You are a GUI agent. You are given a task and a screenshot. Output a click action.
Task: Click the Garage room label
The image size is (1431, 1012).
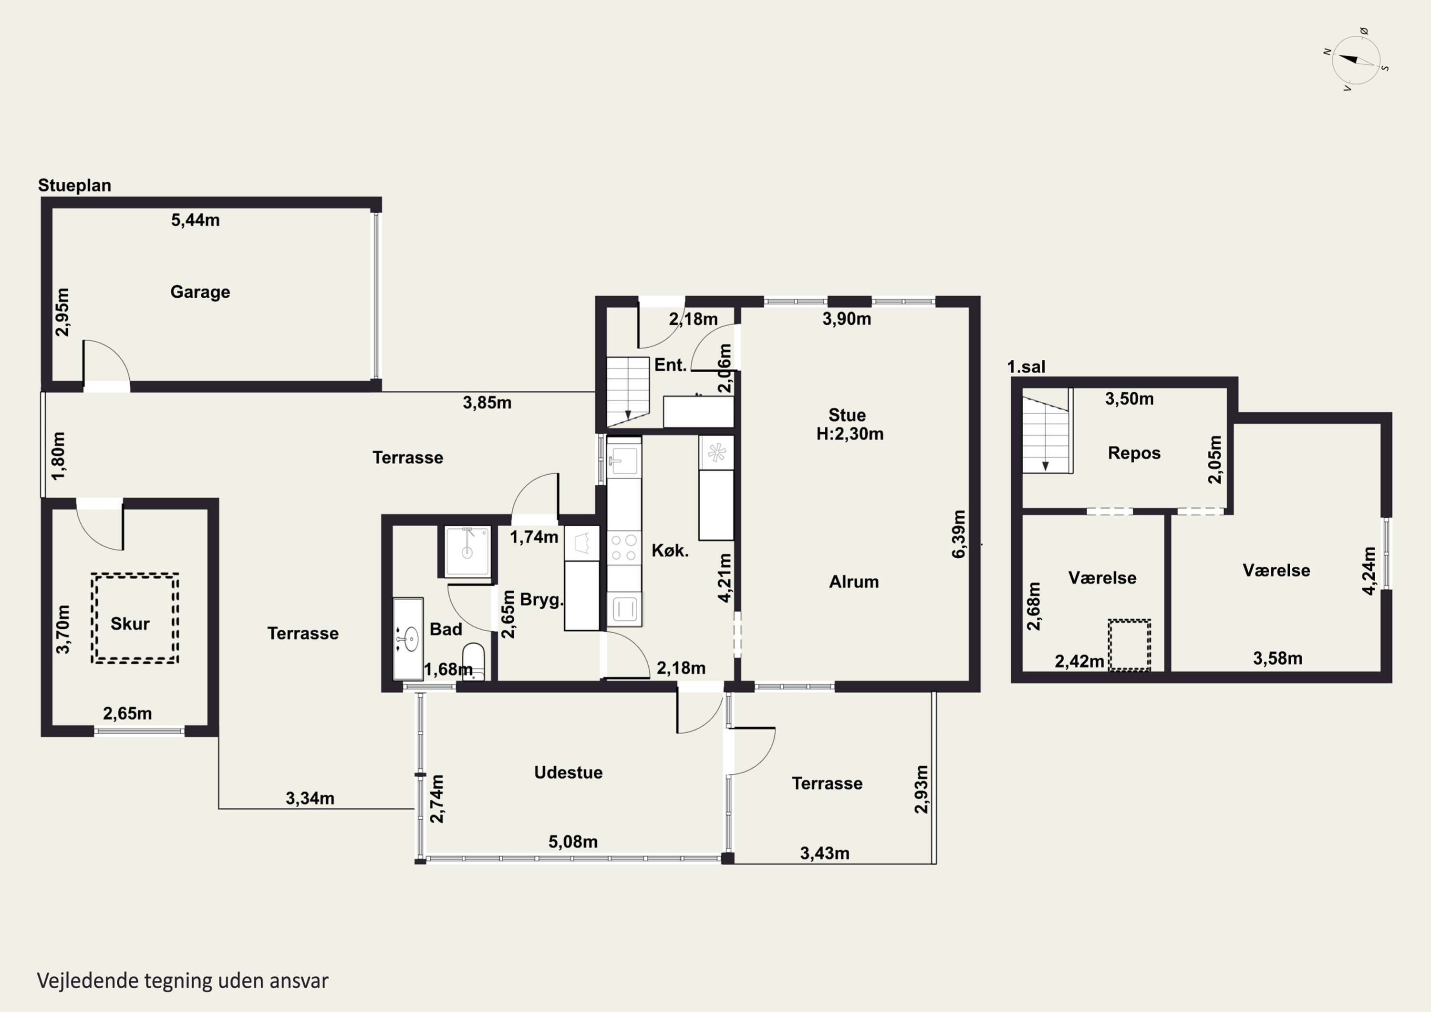click(200, 292)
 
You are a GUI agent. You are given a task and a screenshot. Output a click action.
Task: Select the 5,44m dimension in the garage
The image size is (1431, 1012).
click(195, 219)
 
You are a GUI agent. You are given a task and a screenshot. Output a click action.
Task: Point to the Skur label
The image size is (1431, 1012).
click(130, 624)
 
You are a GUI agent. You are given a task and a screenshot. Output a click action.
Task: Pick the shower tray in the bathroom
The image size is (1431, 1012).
click(467, 551)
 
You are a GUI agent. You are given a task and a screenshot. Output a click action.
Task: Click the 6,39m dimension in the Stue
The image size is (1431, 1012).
click(959, 534)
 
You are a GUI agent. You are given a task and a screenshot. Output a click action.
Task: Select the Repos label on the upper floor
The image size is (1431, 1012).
click(1134, 453)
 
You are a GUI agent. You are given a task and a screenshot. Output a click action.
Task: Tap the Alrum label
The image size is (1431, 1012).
click(853, 582)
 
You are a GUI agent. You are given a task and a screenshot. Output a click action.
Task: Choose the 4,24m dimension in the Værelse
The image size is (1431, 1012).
click(1369, 571)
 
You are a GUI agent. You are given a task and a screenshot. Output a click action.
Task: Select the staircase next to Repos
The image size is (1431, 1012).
click(1047, 430)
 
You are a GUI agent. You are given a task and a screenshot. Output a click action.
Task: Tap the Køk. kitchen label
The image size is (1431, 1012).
click(670, 551)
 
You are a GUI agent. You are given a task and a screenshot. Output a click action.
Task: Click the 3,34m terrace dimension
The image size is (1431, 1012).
click(310, 798)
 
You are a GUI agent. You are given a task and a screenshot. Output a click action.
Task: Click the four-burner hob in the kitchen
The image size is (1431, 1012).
click(624, 547)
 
